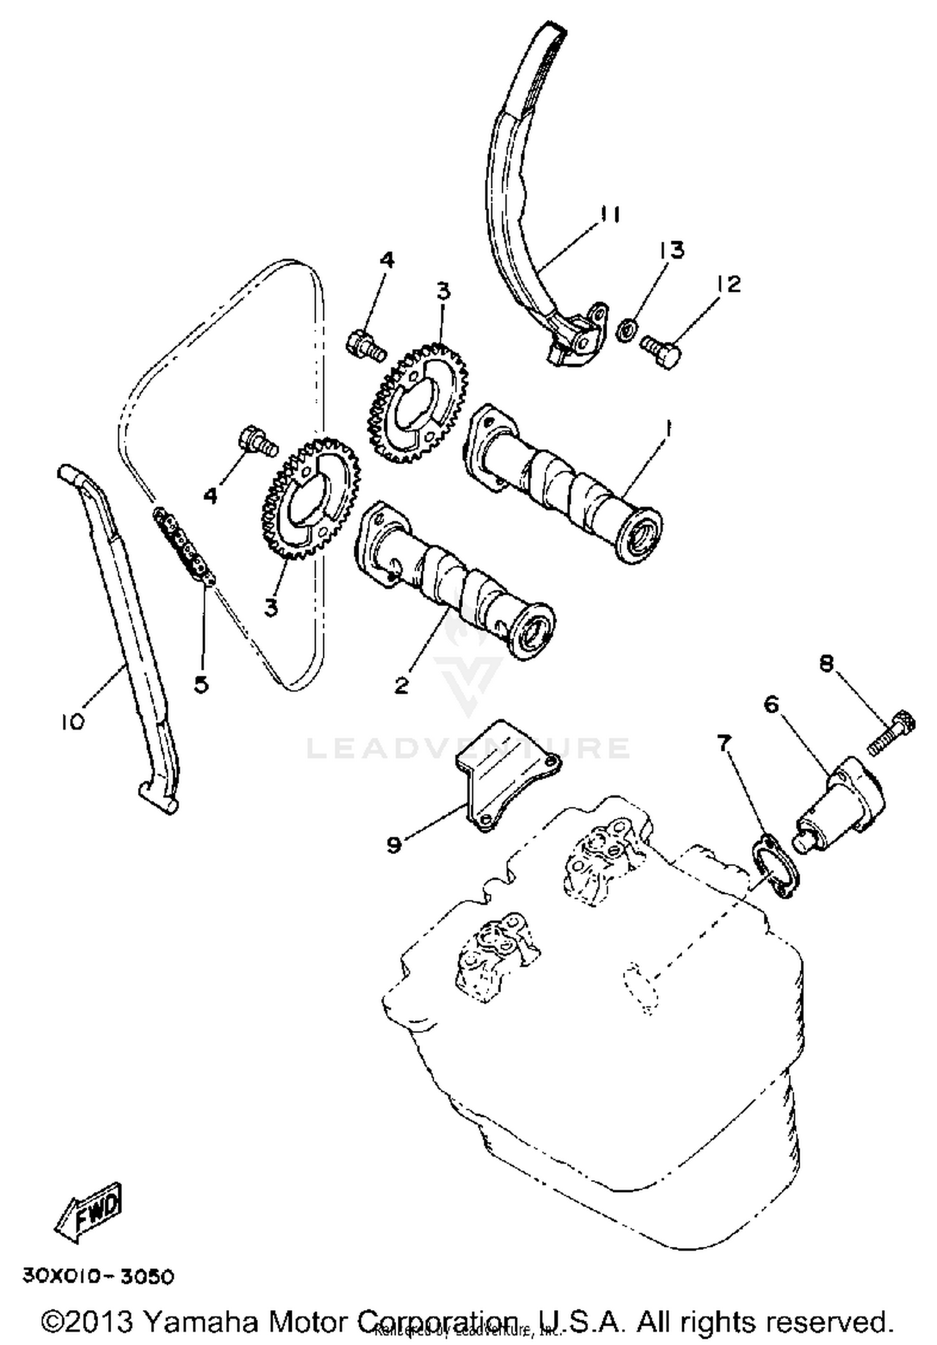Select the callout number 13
tap(670, 249)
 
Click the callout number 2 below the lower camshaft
tap(402, 685)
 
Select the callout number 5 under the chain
tap(201, 684)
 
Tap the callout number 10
tap(72, 722)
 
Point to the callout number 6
tap(772, 705)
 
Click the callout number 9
tap(394, 845)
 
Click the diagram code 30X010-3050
tap(98, 1275)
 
